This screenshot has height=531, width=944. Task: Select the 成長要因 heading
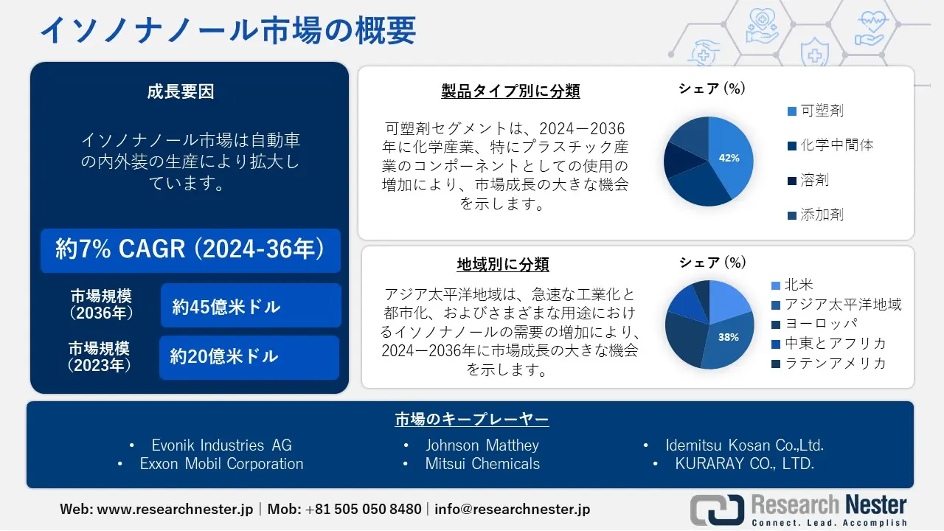(181, 92)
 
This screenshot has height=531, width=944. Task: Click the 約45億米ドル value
(226, 306)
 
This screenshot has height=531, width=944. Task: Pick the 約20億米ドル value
(224, 357)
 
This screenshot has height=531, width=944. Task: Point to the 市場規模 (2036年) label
(102, 305)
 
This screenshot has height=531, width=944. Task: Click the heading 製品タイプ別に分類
(510, 91)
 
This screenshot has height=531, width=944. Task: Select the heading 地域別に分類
(503, 264)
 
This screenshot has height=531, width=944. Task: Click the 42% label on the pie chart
(729, 158)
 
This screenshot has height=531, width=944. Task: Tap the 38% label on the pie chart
(728, 337)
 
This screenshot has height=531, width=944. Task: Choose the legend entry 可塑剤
(822, 111)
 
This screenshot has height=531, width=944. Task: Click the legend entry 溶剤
(814, 180)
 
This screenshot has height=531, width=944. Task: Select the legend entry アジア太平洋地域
(842, 305)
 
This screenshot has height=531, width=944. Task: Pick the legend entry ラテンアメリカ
(835, 363)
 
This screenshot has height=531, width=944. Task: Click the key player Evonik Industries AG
(221, 445)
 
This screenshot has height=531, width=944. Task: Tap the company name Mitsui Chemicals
(482, 464)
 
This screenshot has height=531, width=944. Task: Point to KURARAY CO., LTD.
(745, 464)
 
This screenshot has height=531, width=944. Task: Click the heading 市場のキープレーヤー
(472, 420)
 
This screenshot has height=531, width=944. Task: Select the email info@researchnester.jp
(513, 509)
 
